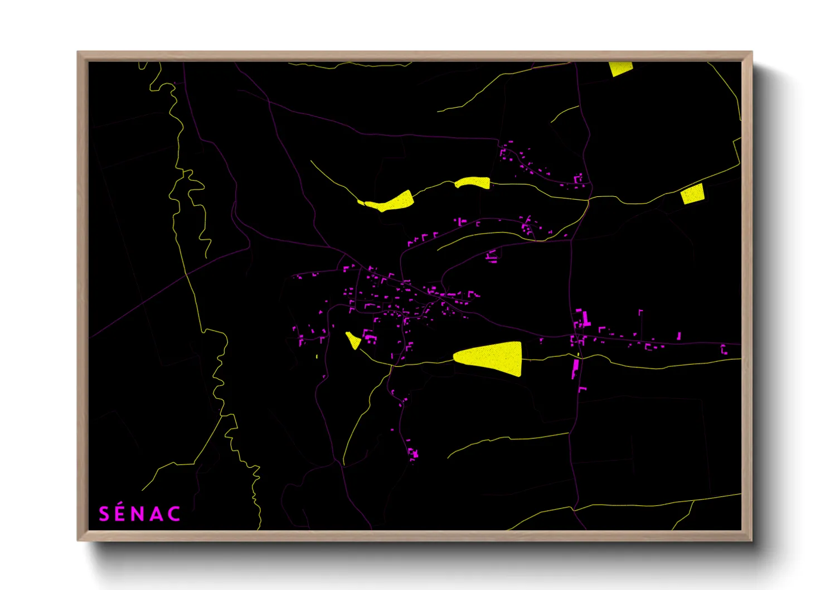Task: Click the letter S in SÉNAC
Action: point(104,514)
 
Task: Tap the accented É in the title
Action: point(121,513)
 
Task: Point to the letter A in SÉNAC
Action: point(157,514)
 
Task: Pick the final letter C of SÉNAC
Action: point(174,514)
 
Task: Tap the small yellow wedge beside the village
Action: point(353,340)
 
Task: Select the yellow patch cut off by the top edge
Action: point(620,68)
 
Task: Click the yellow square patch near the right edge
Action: point(692,194)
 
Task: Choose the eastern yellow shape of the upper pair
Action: point(473,182)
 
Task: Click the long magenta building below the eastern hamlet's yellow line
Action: point(575,369)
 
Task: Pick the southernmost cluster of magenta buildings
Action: point(412,452)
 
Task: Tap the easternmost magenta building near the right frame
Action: point(724,350)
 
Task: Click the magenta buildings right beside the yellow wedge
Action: point(368,336)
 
